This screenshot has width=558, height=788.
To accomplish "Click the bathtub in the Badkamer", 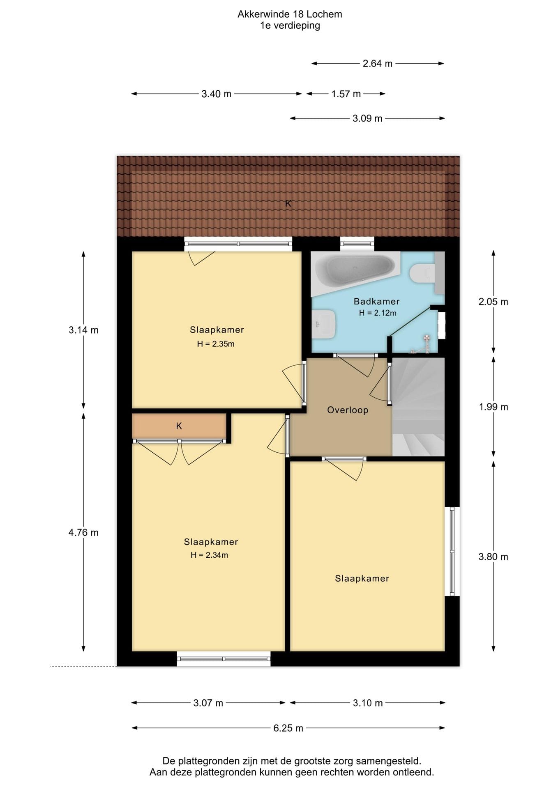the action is (x=355, y=272).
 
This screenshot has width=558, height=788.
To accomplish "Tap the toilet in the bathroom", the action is (x=422, y=273).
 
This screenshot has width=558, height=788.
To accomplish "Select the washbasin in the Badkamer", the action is (x=324, y=324).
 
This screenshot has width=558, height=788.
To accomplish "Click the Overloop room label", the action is (x=348, y=410).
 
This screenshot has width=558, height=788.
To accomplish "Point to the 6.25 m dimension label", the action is (x=288, y=728).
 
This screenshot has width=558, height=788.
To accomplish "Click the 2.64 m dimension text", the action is (x=377, y=64).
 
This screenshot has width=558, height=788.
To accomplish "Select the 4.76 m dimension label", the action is (x=83, y=533).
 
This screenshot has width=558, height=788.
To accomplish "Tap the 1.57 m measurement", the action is (x=346, y=94).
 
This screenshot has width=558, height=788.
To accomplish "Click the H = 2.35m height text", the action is (x=216, y=344).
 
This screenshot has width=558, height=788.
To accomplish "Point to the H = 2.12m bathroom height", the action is (x=378, y=313).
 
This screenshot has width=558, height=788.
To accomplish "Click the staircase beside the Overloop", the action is (x=418, y=407).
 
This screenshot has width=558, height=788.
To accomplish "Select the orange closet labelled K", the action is (x=179, y=426).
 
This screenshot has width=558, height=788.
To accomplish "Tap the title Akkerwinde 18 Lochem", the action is (x=290, y=14).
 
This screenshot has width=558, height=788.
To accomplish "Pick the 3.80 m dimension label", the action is (x=493, y=557).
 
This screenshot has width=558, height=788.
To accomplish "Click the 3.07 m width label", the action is (x=208, y=703).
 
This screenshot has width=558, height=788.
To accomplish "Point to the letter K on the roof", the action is (x=288, y=203).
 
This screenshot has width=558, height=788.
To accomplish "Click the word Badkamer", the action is (x=377, y=301).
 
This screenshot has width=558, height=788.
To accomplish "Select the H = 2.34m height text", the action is (x=209, y=555).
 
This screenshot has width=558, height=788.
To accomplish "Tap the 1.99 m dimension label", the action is (x=493, y=407).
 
